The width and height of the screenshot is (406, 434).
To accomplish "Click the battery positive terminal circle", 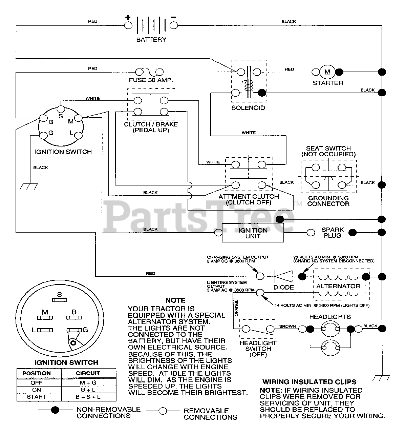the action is tap(128, 25).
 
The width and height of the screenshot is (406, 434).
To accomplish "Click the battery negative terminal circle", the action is tap(174, 25).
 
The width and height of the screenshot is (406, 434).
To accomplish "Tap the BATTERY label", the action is tap(151, 40).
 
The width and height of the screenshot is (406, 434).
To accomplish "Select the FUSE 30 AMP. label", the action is tap(151, 80).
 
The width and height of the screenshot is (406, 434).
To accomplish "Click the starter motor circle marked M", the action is tap(327, 72).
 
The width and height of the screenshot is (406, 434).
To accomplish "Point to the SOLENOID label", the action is tap(248, 108).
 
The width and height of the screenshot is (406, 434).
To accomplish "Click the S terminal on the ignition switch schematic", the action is tap(61, 109).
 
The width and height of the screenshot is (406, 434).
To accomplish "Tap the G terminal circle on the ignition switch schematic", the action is tap(43, 136).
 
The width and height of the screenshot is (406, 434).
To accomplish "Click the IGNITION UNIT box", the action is tap(253, 233).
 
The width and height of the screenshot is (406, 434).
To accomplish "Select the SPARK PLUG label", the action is tap(333, 233).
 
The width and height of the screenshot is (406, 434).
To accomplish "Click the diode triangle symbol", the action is tap(283, 276).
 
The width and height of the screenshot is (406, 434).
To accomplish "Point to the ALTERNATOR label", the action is tap(338, 286).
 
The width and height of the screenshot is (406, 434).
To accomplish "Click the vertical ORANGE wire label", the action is tap(236, 308).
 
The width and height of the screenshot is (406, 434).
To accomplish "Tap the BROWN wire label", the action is tap(287, 326).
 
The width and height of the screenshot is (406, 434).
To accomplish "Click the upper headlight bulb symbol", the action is tap(330, 329).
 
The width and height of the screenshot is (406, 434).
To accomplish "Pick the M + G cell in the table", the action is tap(88, 383).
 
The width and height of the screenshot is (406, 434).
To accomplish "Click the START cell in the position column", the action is tap(37, 397).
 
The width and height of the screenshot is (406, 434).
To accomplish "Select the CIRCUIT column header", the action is tap(88, 373).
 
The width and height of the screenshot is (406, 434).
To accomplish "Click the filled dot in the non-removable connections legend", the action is tap(55, 410).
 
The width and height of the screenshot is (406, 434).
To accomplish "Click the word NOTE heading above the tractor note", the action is tap(175, 300).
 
